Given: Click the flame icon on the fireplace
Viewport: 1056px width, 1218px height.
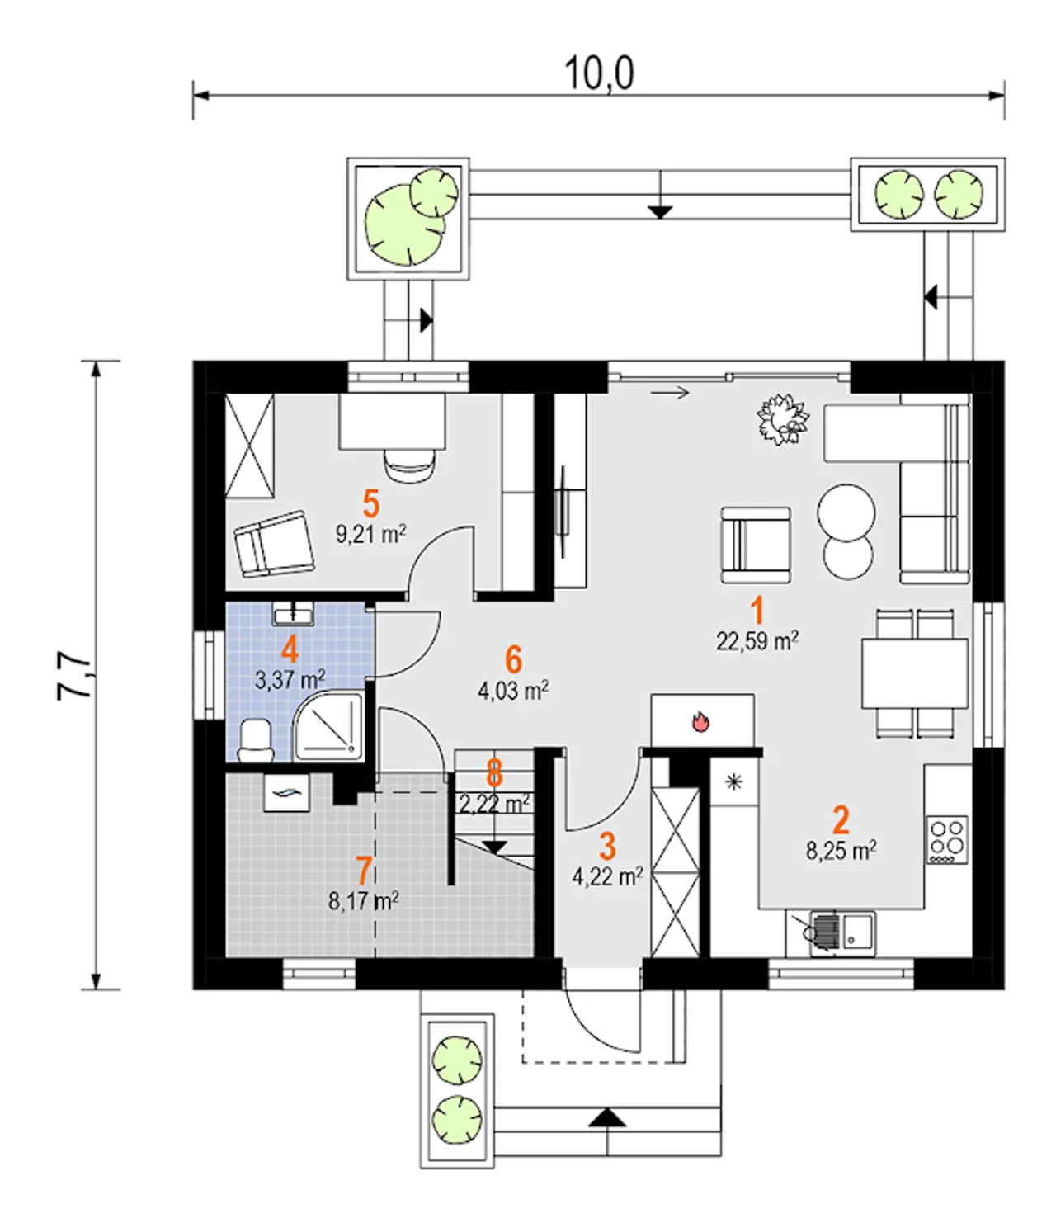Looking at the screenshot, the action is point(700,722).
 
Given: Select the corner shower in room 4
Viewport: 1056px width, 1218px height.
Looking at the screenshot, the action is point(329,726).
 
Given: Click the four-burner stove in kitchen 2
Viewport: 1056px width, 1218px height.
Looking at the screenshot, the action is point(948,840).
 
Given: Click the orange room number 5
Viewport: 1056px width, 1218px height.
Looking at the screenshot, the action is point(370,504).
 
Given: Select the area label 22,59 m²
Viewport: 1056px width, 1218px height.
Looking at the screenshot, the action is point(757,641).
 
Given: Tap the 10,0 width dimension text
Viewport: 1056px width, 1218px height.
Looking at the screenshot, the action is point(599,73).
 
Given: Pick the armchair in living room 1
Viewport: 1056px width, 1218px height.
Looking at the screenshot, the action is point(756,545).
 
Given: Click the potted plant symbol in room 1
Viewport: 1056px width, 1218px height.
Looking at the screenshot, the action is point(783,419).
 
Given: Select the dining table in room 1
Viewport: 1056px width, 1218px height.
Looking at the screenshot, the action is point(915,673).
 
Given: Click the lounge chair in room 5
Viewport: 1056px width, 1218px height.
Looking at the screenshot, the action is point(274,544).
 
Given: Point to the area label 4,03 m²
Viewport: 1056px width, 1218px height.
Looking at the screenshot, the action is point(513,691).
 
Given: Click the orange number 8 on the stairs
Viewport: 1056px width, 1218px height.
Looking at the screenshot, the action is point(494,773).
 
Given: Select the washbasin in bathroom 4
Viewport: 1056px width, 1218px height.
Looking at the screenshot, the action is point(293,613).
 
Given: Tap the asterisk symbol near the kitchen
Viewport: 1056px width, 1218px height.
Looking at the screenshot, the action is point(733,782).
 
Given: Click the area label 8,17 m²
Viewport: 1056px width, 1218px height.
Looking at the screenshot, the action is point(364,901).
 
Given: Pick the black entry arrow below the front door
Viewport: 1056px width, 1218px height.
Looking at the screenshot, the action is point(607,1118).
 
